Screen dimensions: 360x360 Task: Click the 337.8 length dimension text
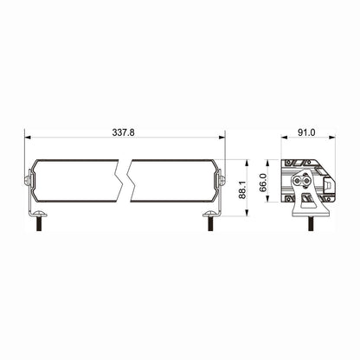(x=125, y=133)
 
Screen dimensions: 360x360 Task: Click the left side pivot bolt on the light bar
(x=27, y=182)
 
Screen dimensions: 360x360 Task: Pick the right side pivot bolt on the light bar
(x=222, y=181)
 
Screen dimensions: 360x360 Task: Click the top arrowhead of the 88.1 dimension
(x=248, y=162)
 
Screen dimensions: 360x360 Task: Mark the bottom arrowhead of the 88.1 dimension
(x=248, y=213)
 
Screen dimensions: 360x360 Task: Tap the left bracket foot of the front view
(x=38, y=212)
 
